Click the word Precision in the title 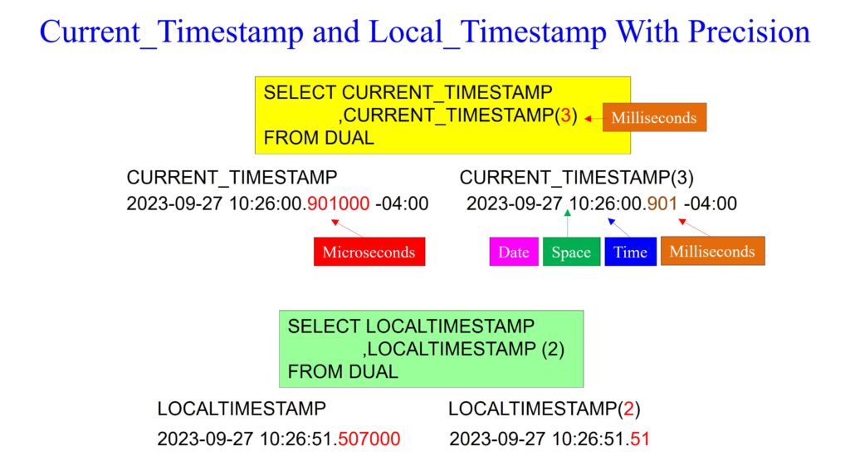(x=749, y=32)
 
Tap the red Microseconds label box (x=369, y=252)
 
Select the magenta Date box (x=514, y=252)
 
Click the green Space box (x=571, y=252)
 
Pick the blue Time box (x=631, y=252)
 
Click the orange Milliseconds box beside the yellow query (x=654, y=117)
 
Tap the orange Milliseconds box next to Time (x=713, y=251)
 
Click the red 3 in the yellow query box (x=565, y=115)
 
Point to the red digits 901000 (x=339, y=204)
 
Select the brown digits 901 (x=662, y=204)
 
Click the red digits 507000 (x=369, y=439)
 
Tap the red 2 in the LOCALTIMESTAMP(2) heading (x=629, y=409)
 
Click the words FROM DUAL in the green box (x=343, y=371)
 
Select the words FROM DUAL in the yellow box (x=319, y=138)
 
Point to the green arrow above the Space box (x=568, y=223)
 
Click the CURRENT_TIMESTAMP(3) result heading (x=577, y=178)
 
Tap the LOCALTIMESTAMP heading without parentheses (x=242, y=409)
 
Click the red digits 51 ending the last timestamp (x=640, y=439)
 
